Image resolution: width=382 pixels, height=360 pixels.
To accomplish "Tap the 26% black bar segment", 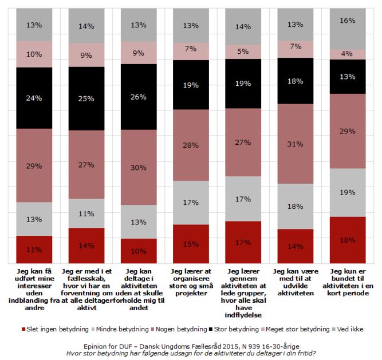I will [x=138, y=97].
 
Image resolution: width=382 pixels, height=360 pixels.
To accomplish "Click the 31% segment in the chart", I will [x=295, y=144].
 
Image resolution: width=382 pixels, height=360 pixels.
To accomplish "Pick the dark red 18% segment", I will [x=348, y=240].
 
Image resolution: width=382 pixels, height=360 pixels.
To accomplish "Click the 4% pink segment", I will [x=348, y=54].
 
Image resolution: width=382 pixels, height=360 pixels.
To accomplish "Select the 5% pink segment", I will [x=243, y=52].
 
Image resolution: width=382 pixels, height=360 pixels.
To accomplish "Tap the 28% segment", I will [x=191, y=145].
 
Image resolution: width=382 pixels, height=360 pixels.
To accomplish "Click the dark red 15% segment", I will [x=191, y=244].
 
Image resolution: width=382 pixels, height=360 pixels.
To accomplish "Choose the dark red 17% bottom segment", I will [x=243, y=242].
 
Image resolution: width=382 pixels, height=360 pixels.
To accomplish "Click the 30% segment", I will [x=138, y=167].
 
